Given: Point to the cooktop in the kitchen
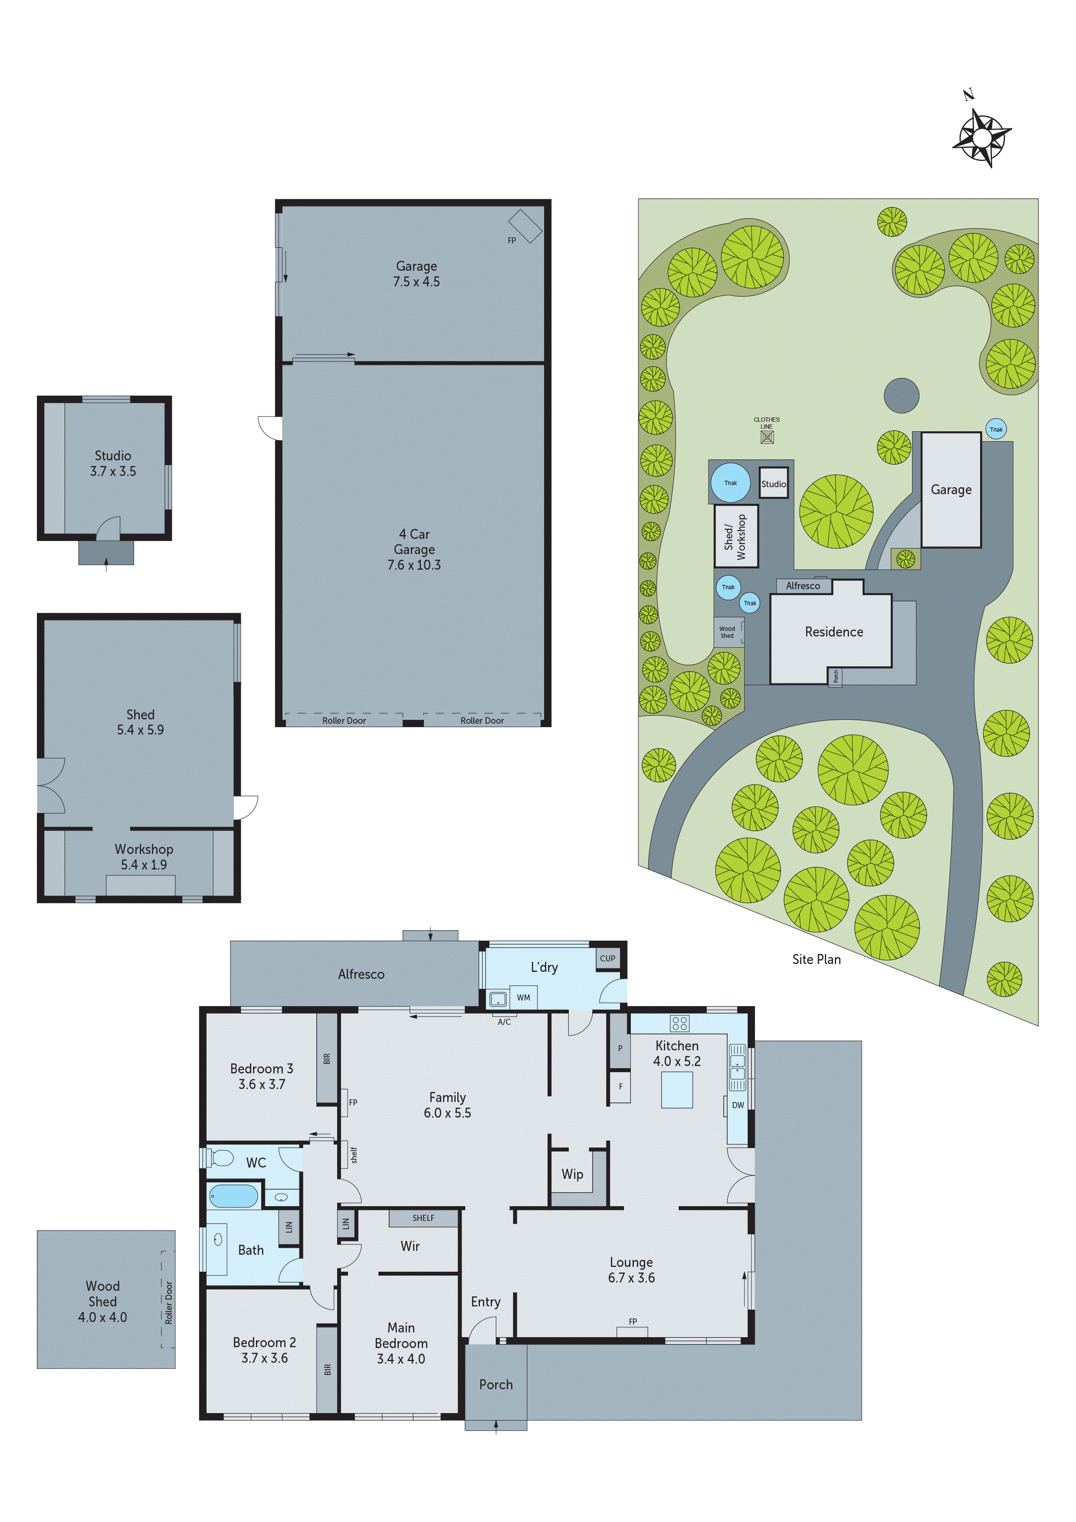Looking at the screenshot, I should (679, 1023).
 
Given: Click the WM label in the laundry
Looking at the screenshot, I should (523, 997).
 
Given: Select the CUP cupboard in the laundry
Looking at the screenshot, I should (607, 958).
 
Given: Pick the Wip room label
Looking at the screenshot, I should (572, 1174).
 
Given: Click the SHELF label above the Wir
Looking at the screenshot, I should (423, 1218).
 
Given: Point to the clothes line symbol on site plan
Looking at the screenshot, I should (767, 437).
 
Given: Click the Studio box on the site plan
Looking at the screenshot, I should (774, 483).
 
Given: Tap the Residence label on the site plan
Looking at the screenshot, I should (834, 632).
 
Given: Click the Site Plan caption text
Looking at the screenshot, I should (816, 959).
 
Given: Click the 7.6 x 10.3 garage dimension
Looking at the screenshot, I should (414, 565).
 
